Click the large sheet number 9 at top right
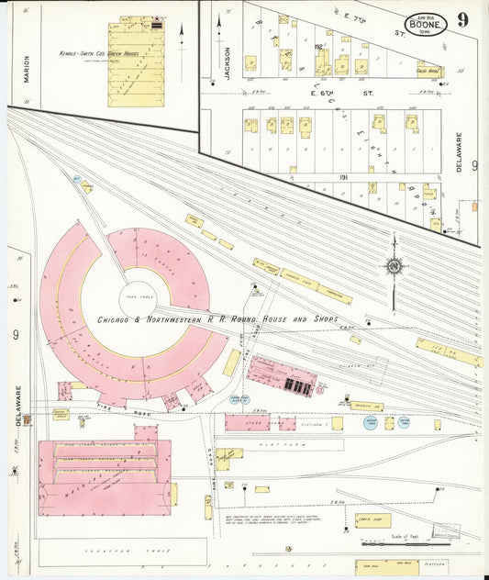click(x=464, y=19)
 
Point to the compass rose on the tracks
click(x=395, y=266)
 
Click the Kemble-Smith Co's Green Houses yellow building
click(x=137, y=62)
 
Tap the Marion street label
click(x=26, y=68)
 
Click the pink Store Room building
click(x=248, y=422)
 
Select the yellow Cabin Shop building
click(x=372, y=520)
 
